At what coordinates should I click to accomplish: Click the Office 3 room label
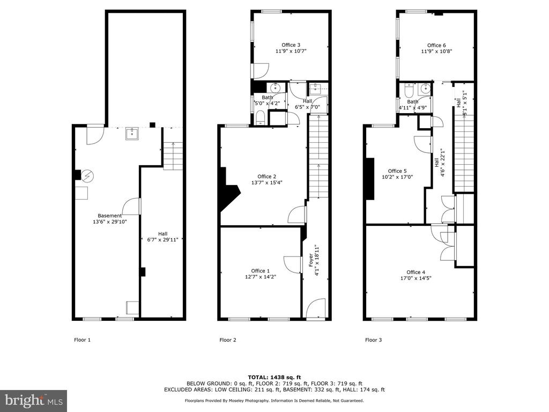[291, 45]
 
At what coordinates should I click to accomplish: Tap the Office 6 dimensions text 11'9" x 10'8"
[436, 51]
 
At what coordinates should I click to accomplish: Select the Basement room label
[109, 216]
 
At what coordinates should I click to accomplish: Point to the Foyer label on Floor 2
[311, 260]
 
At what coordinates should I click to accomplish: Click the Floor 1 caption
[82, 340]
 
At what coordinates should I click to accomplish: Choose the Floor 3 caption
[374, 340]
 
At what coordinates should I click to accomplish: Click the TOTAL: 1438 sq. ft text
[274, 377]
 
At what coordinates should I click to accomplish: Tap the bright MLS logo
[34, 401]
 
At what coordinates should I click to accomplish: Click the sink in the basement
[132, 134]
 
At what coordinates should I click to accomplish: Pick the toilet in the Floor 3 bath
[408, 90]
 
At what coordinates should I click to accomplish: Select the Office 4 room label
[416, 272]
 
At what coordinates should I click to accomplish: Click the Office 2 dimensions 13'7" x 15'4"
[267, 182]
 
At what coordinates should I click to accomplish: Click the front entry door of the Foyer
[316, 308]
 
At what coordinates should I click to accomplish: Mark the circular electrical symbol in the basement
[87, 175]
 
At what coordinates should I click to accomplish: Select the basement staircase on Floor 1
[173, 156]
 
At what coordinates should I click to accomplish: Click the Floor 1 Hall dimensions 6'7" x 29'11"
[162, 240]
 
